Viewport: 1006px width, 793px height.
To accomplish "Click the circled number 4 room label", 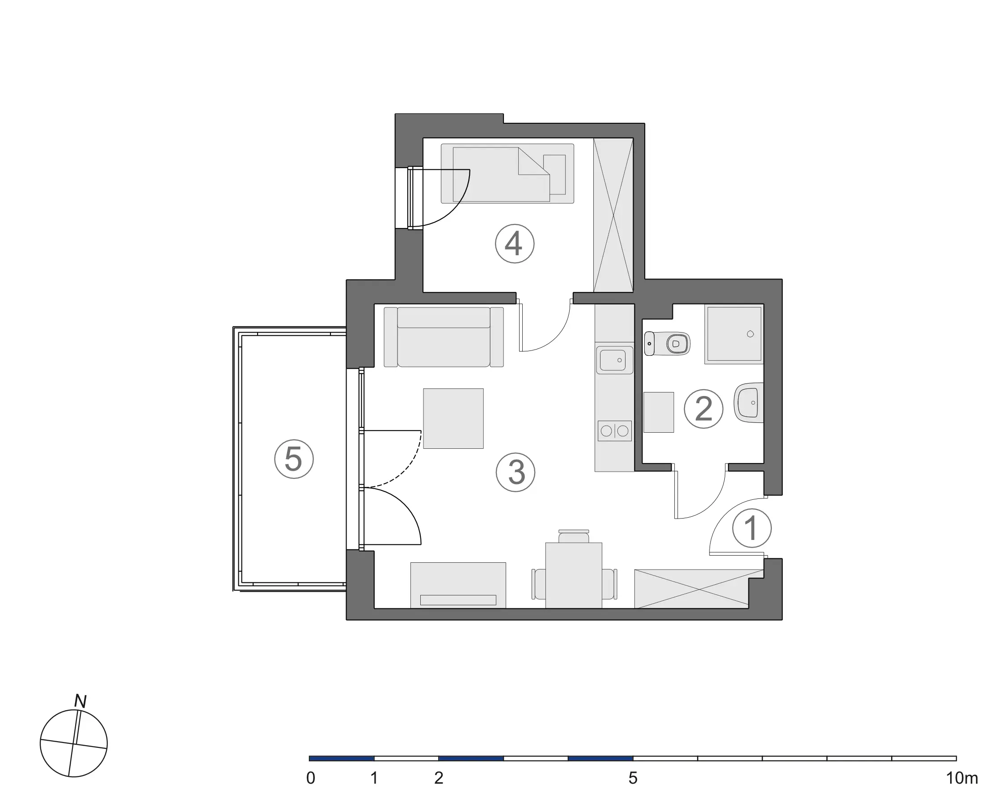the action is [x=515, y=244].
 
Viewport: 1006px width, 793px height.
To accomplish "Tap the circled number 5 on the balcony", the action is [x=294, y=459].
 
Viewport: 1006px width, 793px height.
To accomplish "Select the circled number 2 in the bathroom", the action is [x=704, y=409].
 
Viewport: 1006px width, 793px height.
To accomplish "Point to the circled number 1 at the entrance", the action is [x=752, y=528].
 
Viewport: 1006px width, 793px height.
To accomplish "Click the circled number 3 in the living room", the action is [x=516, y=472].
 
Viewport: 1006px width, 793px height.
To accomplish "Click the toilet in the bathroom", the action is [x=668, y=344].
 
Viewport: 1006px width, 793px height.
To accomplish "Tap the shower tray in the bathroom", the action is [x=734, y=334].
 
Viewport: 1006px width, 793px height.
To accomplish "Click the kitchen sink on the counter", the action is [x=614, y=360].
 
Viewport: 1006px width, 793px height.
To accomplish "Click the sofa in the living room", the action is [x=444, y=337].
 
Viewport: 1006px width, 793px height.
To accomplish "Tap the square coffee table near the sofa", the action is [x=453, y=418].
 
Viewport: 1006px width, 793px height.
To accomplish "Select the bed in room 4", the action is [x=507, y=173].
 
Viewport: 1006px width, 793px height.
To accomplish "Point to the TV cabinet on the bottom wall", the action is [x=458, y=585].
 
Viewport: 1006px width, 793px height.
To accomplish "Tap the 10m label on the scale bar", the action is [x=962, y=778].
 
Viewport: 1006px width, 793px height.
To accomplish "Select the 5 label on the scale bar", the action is [x=633, y=778].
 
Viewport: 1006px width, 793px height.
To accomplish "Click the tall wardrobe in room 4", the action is [x=613, y=215].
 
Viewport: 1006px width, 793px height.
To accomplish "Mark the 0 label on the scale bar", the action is [x=311, y=778].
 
